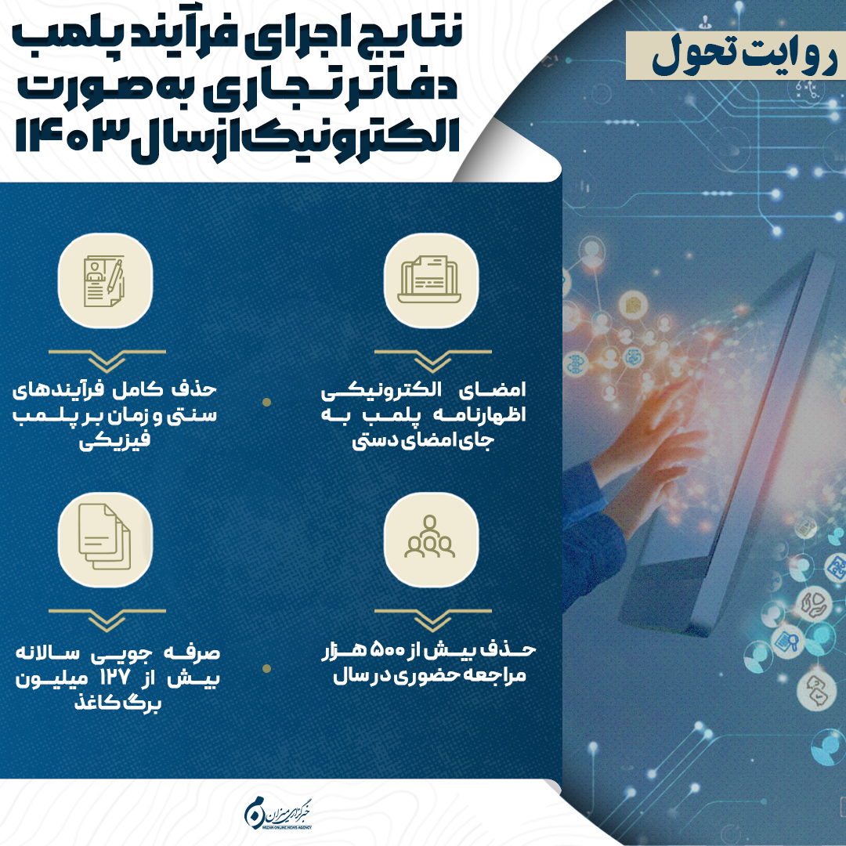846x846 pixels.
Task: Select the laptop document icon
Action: point(430,280)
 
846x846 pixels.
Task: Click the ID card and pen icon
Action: point(105,280)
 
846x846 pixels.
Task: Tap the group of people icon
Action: point(430,539)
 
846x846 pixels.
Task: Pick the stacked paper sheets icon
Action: point(105,539)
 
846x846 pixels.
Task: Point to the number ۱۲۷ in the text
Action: point(114,678)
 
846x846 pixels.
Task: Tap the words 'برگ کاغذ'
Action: point(117,703)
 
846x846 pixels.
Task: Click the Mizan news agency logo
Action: point(279,812)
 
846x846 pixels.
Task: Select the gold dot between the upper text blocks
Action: point(266,402)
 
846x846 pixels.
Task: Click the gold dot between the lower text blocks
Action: point(266,668)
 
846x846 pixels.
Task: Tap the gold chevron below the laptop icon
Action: point(432,360)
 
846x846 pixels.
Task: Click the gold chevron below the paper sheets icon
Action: point(107,620)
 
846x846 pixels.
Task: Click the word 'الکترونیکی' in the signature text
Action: point(381,390)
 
